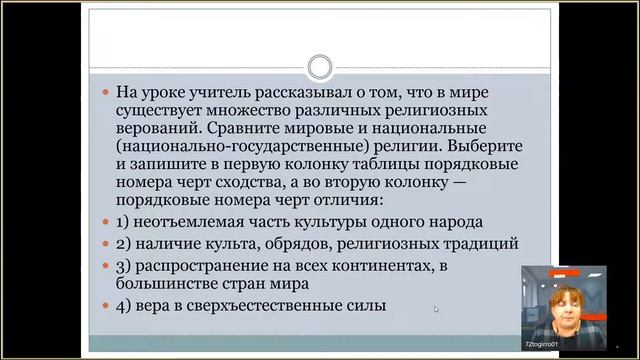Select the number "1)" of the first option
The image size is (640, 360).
124,223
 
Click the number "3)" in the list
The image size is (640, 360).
124,265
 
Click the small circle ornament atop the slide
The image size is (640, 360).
320,68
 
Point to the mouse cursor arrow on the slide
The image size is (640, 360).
436,309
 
